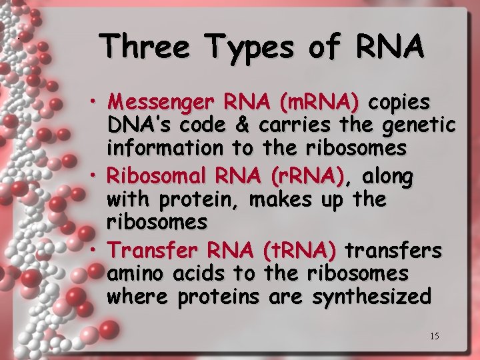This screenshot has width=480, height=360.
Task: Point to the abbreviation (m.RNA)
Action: tap(319, 103)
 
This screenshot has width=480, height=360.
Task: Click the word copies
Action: tap(399, 104)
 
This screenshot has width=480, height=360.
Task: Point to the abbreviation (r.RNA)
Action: tap(307, 177)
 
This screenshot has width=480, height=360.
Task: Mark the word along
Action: tap(388, 177)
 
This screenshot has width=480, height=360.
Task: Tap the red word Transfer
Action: tap(154, 251)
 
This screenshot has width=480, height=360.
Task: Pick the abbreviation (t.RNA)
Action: tap(299, 251)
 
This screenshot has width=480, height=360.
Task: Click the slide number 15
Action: tap(434, 336)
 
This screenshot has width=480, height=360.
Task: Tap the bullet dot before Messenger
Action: tap(97, 101)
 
